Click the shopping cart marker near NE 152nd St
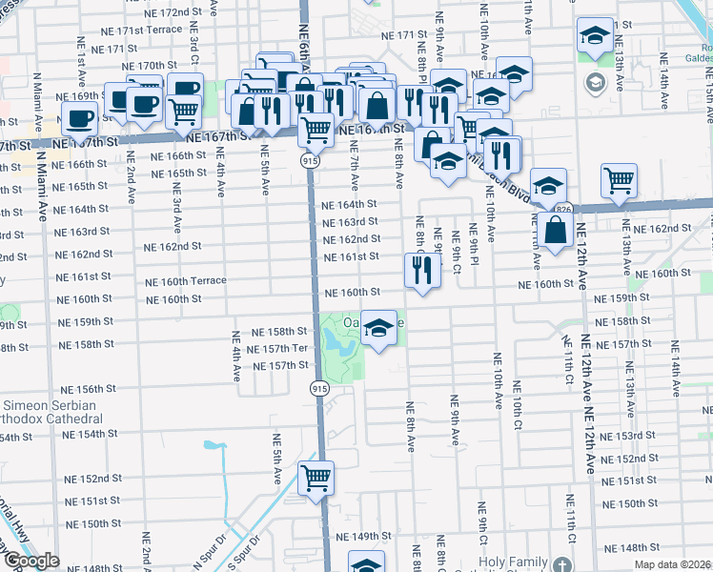(x=316, y=479)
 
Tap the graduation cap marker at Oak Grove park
(x=379, y=329)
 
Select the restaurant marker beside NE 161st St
(x=421, y=270)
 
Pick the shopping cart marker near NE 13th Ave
(x=620, y=180)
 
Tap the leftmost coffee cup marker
(x=80, y=119)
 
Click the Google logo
(x=31, y=561)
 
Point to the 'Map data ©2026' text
(x=671, y=564)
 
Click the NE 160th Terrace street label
(x=186, y=281)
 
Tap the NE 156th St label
(x=88, y=389)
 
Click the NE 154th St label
(x=90, y=434)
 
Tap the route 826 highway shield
(x=563, y=209)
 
